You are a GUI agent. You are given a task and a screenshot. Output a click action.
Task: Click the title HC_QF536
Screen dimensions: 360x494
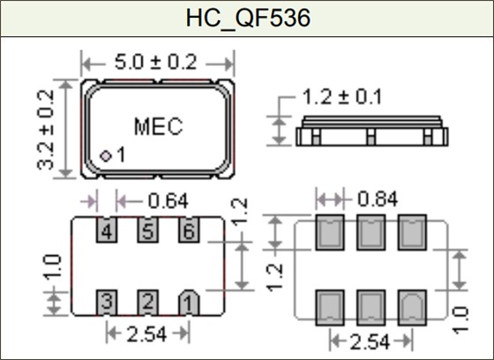[x=247, y=18]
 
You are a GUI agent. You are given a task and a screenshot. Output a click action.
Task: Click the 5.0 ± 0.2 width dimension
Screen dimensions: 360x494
[x=158, y=64]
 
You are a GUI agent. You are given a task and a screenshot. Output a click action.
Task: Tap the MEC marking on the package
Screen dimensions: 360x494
[x=158, y=126]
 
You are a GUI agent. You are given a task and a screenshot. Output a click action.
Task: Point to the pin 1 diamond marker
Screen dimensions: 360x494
[x=106, y=155]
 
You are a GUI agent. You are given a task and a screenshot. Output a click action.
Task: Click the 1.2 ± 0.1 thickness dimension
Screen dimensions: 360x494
[x=341, y=96]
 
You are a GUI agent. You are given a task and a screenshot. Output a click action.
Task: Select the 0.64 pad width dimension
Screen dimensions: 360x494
[x=167, y=201]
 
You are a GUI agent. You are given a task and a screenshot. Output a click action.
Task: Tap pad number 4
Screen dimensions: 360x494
[x=107, y=232]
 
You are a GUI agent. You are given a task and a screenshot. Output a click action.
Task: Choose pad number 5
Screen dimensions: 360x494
[x=147, y=232]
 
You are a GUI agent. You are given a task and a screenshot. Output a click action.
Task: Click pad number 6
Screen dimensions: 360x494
[x=187, y=232]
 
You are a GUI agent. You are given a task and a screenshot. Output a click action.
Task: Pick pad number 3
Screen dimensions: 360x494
[x=107, y=302]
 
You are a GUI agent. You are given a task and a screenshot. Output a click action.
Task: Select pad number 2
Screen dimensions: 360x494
[x=147, y=302]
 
